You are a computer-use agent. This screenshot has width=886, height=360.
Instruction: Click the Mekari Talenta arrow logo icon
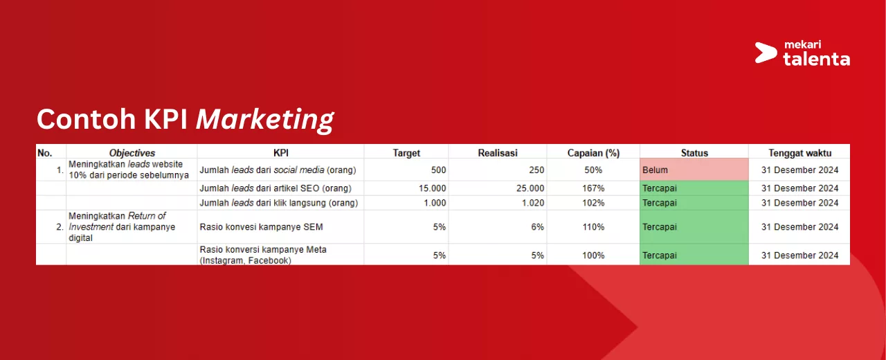(x=766, y=53)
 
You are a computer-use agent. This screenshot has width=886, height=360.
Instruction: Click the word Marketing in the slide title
(x=265, y=120)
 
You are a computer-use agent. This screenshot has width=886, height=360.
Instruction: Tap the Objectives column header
(x=132, y=153)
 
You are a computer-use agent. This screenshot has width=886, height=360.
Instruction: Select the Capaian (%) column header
(x=593, y=153)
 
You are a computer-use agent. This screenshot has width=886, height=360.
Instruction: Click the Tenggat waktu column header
(x=799, y=153)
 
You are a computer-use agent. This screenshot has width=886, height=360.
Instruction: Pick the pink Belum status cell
(x=694, y=170)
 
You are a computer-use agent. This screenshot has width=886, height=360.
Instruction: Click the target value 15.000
(x=433, y=188)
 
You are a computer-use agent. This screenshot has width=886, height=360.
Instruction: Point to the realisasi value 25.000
(x=530, y=188)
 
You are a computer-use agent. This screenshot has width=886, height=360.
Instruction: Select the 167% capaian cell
(x=593, y=188)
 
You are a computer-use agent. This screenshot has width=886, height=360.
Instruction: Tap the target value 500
(x=438, y=170)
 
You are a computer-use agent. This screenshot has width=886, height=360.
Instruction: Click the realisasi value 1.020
(x=533, y=203)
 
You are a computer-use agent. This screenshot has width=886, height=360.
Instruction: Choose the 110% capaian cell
(x=593, y=227)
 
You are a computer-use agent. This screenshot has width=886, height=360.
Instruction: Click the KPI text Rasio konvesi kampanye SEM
(x=262, y=227)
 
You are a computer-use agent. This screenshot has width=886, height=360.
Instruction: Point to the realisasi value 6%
(x=538, y=227)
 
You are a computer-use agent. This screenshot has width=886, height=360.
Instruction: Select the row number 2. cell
(x=60, y=227)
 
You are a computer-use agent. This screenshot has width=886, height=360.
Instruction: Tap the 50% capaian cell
(x=593, y=170)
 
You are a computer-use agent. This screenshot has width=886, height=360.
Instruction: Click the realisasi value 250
(x=536, y=170)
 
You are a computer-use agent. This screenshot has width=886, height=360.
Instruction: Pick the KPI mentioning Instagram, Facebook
(x=263, y=255)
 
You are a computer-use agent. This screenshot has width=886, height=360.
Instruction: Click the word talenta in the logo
(x=816, y=59)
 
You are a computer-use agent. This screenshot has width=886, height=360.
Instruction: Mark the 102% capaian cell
(x=593, y=203)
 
